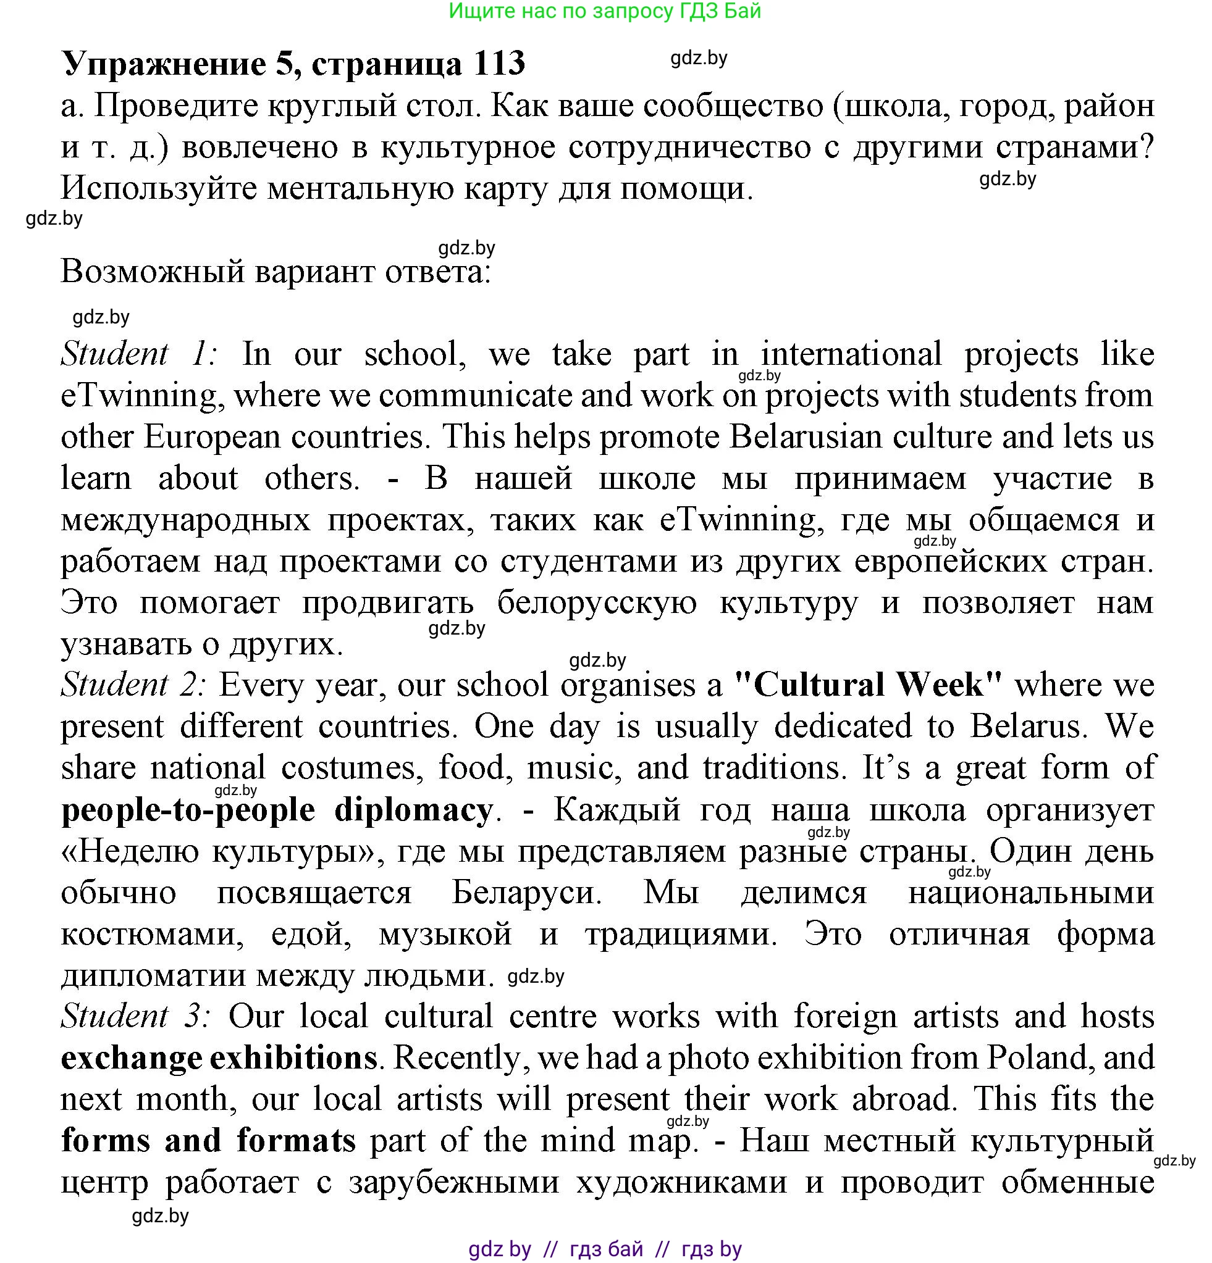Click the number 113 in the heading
tap(499, 64)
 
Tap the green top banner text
tap(605, 11)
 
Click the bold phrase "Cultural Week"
tap(869, 685)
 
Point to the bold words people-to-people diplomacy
tap(277, 809)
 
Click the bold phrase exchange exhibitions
tap(219, 1057)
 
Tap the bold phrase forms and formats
tap(208, 1140)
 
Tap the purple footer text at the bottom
tap(605, 1249)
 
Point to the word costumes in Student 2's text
tap(351, 768)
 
